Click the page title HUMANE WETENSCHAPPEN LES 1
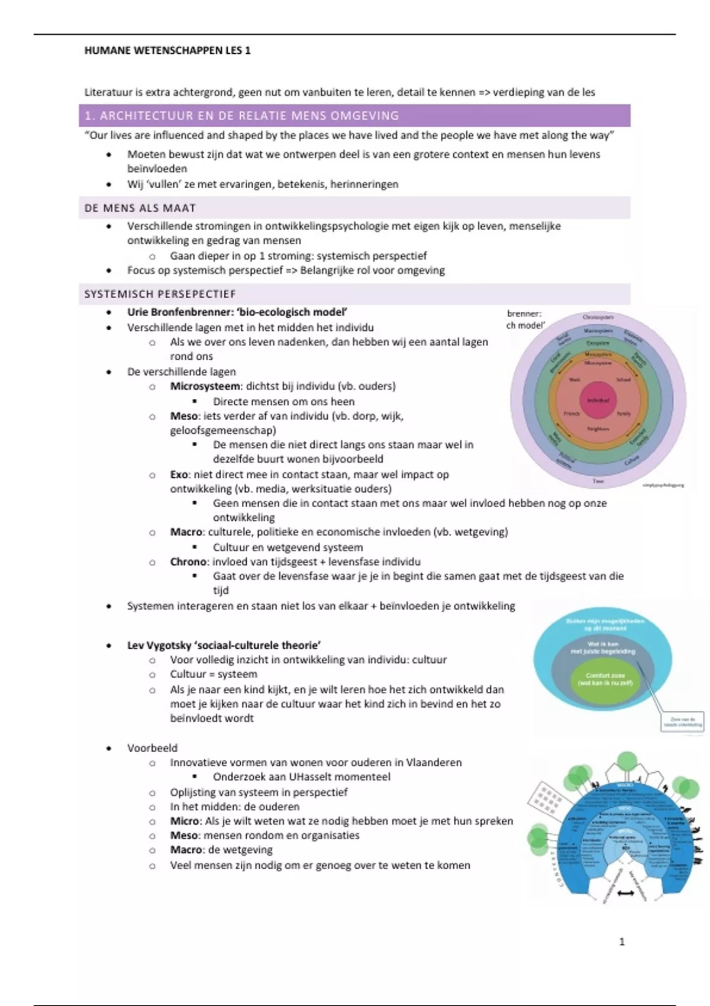167,51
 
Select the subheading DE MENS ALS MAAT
140,208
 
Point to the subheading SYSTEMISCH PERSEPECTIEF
160,294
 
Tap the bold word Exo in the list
179,475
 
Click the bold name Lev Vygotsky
160,646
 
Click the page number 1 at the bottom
622,941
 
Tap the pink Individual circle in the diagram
598,401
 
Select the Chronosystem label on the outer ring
598,318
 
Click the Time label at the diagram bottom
598,482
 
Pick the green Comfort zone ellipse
601,679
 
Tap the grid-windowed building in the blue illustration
546,799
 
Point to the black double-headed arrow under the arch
624,894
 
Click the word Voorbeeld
152,748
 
